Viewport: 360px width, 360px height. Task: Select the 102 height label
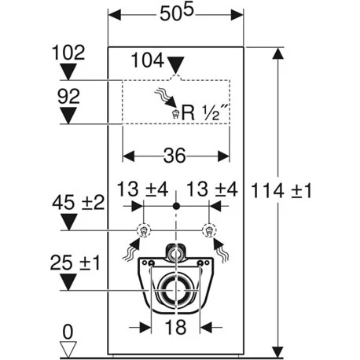pos(68,54)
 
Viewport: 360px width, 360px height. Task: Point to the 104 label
pos(150,59)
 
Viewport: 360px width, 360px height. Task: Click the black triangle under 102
pos(68,73)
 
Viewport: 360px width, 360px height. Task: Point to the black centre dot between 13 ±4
pos(176,206)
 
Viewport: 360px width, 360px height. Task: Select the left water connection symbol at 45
pos(143,231)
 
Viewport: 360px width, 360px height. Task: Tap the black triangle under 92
pos(68,117)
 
